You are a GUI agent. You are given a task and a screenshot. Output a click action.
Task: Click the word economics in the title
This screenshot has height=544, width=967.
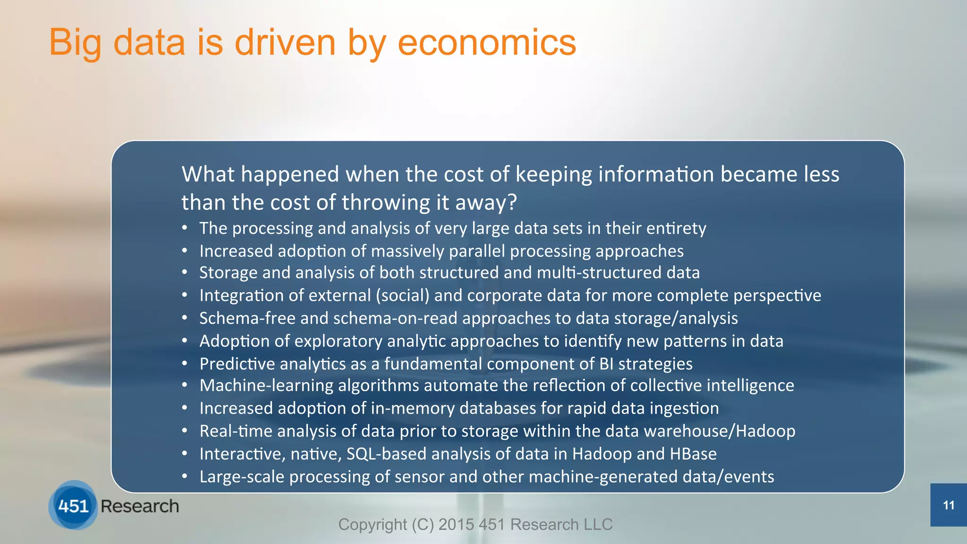[487, 42]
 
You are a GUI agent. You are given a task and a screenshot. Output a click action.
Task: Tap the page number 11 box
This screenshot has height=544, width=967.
[949, 505]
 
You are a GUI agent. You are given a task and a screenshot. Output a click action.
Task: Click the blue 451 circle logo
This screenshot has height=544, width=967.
[73, 505]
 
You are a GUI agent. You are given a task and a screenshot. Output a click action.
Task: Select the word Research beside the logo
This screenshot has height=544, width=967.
[140, 506]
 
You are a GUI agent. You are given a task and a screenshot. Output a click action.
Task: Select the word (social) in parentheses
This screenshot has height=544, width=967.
[402, 296]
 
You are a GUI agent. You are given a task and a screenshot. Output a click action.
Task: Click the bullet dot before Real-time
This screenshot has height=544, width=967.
[185, 431]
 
